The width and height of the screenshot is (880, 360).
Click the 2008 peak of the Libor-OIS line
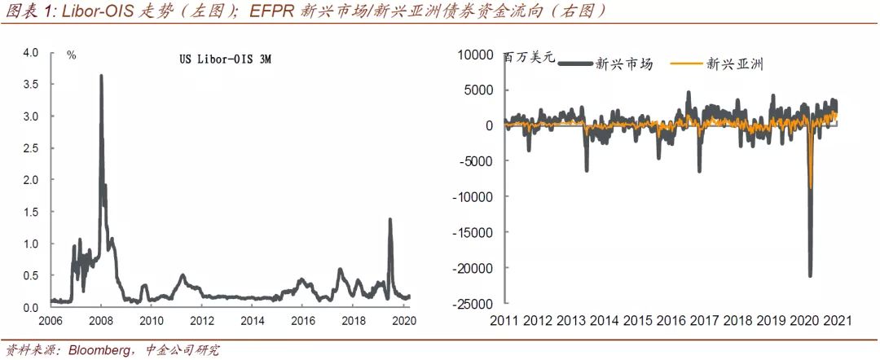click(101, 76)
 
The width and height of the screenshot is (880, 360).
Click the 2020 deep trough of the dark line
click(810, 275)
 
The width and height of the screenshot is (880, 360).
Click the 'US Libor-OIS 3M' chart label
click(225, 62)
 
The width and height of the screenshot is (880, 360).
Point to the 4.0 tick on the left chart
click(31, 53)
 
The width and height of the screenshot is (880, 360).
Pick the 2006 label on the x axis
click(51, 320)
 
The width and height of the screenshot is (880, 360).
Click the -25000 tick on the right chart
click(474, 304)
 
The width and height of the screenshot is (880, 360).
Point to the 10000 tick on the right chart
click(477, 55)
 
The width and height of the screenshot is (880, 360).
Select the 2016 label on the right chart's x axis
click(676, 320)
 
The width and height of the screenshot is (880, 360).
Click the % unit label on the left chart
click(72, 55)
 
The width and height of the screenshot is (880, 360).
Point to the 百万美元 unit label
click(529, 58)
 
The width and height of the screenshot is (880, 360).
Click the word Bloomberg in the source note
click(98, 350)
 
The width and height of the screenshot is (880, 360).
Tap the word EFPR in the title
click(278, 11)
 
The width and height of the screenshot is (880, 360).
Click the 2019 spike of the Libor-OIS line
click(389, 220)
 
